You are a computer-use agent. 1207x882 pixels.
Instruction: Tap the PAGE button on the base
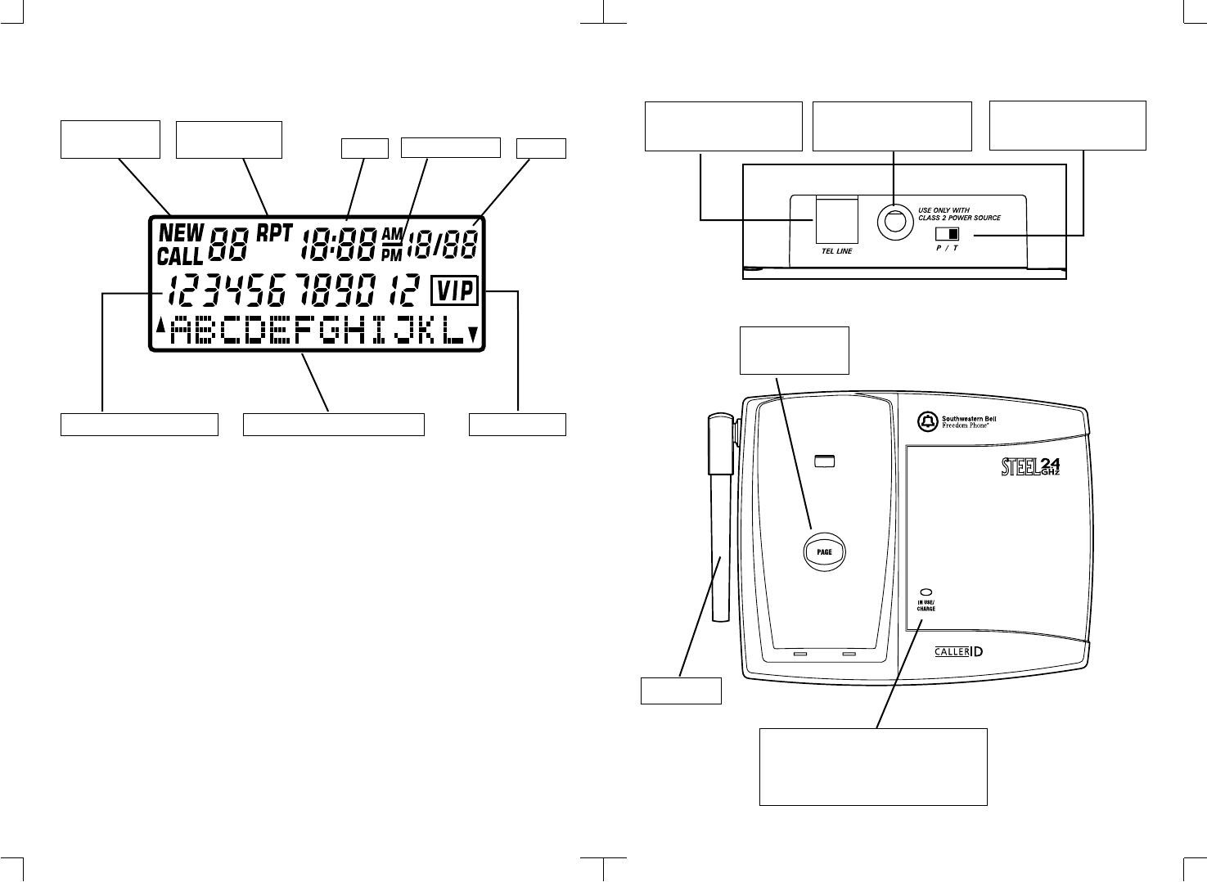click(824, 551)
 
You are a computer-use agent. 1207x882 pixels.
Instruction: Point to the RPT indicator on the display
click(274, 232)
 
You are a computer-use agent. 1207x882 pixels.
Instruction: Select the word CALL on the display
click(179, 256)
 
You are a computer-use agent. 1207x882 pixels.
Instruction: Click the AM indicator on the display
click(392, 234)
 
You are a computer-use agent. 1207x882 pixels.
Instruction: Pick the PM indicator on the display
click(392, 254)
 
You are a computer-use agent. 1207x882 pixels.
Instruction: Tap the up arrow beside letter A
click(160, 326)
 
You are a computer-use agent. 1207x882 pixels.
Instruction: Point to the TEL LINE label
click(835, 251)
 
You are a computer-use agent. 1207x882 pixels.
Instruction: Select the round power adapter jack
click(893, 220)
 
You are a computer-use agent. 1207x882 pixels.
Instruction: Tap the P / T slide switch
click(948, 235)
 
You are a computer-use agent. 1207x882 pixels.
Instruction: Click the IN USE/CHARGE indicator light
click(926, 592)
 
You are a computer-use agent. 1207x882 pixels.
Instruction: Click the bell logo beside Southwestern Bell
click(926, 422)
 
